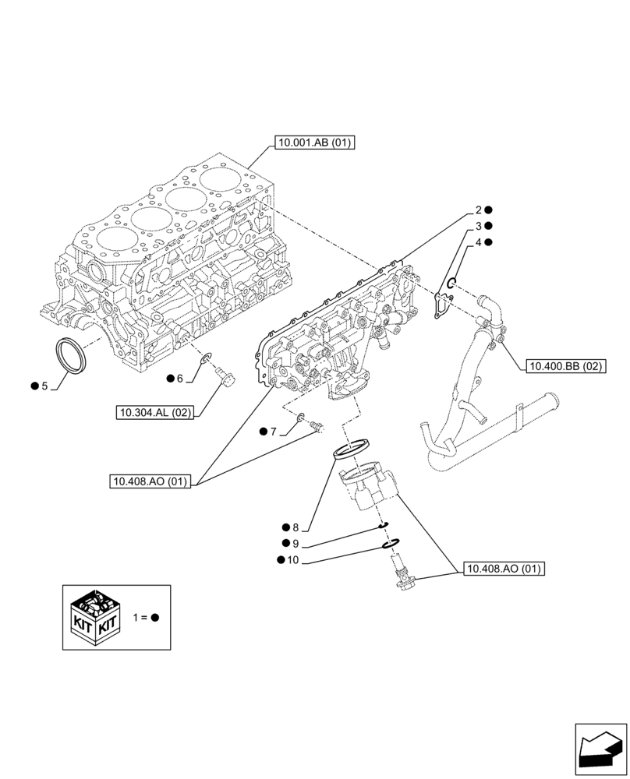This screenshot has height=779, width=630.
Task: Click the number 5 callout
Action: pos(45,386)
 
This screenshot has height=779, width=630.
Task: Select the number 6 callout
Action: pos(179,379)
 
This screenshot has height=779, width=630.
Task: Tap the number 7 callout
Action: pos(274,431)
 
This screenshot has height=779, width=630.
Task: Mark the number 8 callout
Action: pos(296,527)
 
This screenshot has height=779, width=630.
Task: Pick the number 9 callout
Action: pos(296,543)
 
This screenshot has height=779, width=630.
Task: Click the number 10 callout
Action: pos(292,559)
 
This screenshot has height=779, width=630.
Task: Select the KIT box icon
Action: pos(94,616)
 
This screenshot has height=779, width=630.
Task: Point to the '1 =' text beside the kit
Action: pos(140,617)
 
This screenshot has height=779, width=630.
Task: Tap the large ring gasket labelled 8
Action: pos(350,449)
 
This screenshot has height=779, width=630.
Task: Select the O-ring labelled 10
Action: pos(393,544)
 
